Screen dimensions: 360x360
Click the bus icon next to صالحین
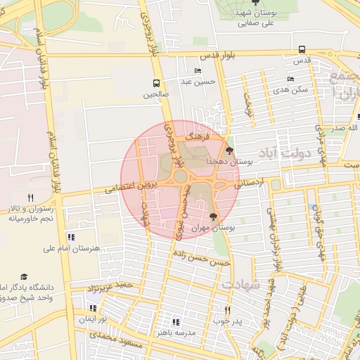[x=155, y=82]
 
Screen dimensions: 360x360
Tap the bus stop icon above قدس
[x=302, y=50]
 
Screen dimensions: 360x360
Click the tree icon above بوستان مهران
[x=214, y=217]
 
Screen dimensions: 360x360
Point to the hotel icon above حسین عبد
[x=198, y=71]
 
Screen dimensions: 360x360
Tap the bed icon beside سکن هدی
[x=290, y=79]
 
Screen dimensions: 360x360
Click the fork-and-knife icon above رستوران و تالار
[x=30, y=198]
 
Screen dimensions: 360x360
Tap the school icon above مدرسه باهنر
[x=176, y=322]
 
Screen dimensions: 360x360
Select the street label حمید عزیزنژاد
[x=108, y=287]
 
